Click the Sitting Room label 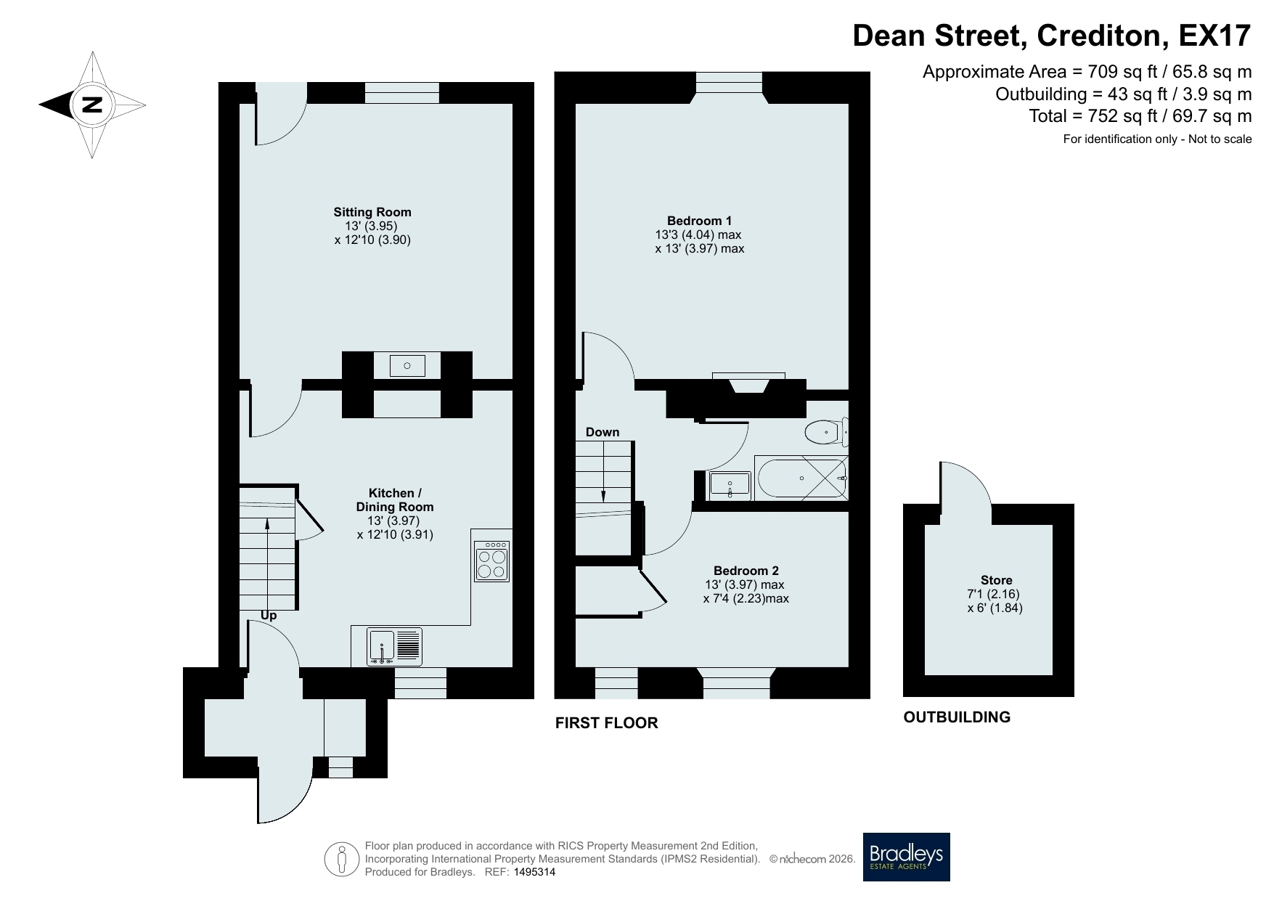(x=372, y=212)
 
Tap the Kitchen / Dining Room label (x=395, y=500)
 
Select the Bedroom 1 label (x=699, y=221)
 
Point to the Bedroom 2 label (x=746, y=571)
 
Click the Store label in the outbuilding (x=996, y=580)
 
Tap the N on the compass (x=91, y=105)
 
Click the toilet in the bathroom (x=827, y=432)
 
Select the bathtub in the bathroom (x=801, y=478)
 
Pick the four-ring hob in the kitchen (x=491, y=561)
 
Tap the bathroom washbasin (x=730, y=485)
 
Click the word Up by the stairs (x=269, y=616)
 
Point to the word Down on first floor (x=603, y=432)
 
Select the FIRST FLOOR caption (x=607, y=722)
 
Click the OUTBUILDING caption (x=957, y=717)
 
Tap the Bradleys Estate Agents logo (x=906, y=857)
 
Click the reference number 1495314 (x=534, y=873)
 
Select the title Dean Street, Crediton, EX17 (x=1052, y=35)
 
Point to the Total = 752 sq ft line (x=1140, y=115)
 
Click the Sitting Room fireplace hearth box (x=407, y=365)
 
